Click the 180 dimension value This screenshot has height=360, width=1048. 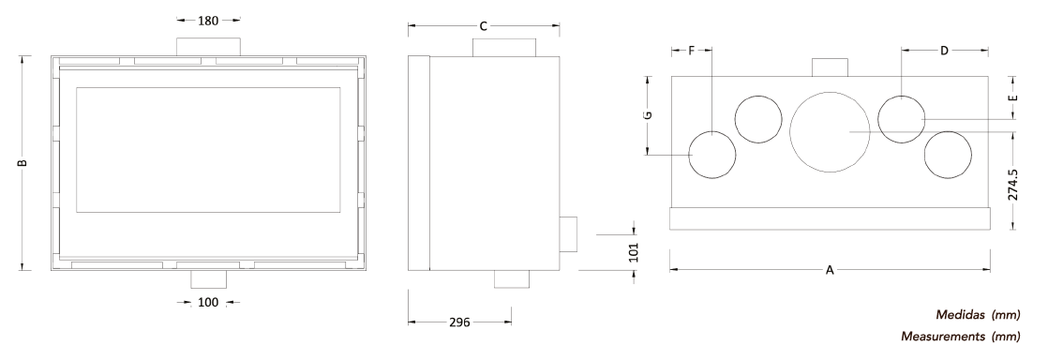pyautogui.click(x=208, y=21)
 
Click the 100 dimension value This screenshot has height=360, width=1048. pyautogui.click(x=208, y=303)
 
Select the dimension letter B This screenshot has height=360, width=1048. pyautogui.click(x=22, y=163)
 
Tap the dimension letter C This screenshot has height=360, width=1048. pyautogui.click(x=484, y=26)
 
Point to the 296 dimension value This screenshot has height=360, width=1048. pyautogui.click(x=459, y=322)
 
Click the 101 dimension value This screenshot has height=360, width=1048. pyautogui.click(x=635, y=252)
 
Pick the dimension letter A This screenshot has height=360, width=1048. pyautogui.click(x=831, y=271)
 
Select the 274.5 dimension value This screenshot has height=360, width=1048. pyautogui.click(x=1012, y=185)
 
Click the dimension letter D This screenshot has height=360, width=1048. pyautogui.click(x=944, y=50)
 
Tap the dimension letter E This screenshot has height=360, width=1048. pyautogui.click(x=1013, y=97)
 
